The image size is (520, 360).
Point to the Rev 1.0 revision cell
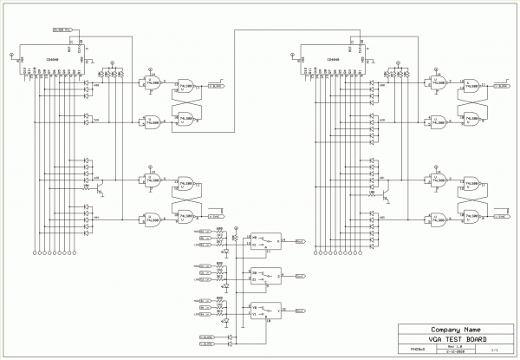point(455,346)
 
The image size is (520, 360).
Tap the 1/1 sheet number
point(494,350)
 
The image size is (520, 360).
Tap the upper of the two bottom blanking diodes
point(230,334)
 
